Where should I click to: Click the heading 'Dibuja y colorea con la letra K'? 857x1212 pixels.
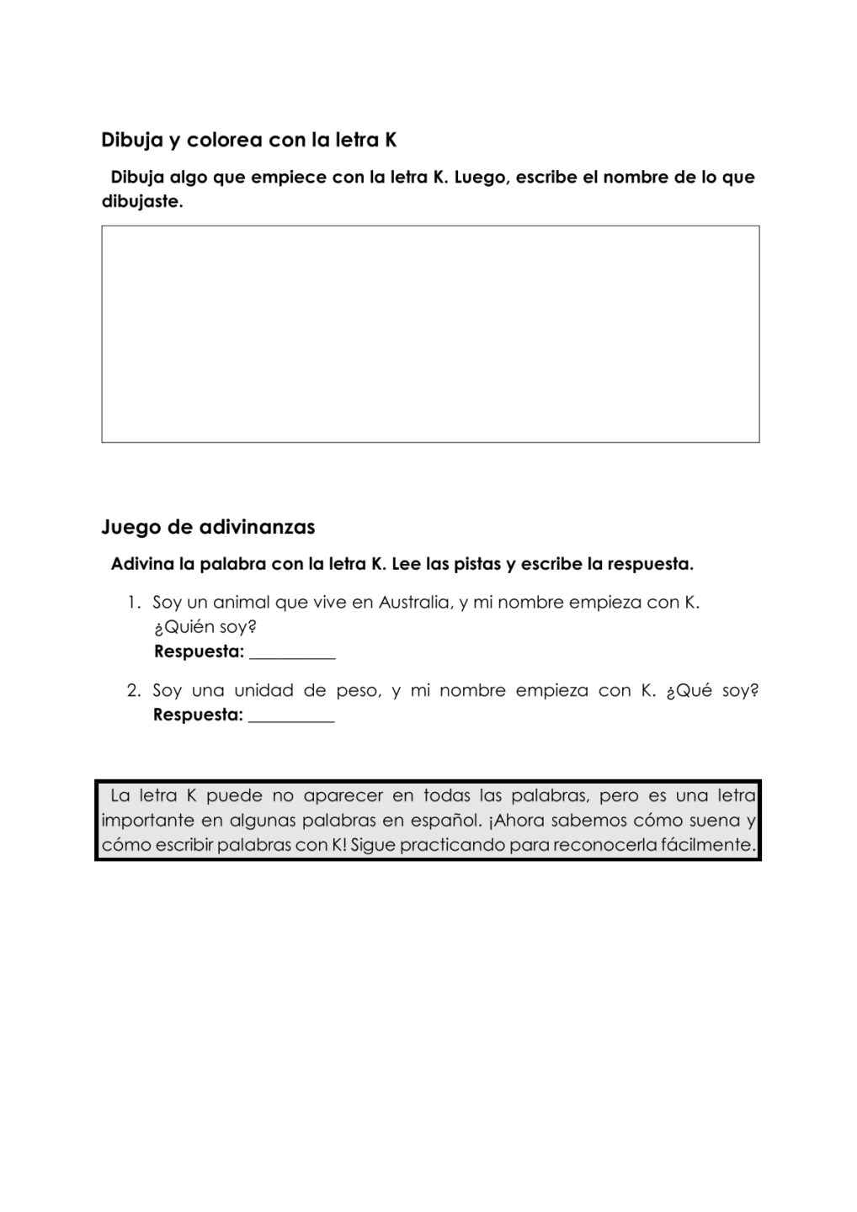click(248, 140)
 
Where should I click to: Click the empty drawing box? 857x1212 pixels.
click(430, 333)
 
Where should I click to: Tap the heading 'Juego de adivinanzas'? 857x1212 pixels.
click(208, 527)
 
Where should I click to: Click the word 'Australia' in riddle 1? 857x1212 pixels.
click(414, 603)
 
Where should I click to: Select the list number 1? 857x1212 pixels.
click(133, 603)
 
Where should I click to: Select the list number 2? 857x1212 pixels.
click(133, 691)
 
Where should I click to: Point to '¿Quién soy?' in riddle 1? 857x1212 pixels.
click(205, 627)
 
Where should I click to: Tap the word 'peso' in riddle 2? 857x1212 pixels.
click(357, 691)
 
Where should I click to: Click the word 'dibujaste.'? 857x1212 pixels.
click(141, 203)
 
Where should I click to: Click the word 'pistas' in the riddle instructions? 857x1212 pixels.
click(477, 564)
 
